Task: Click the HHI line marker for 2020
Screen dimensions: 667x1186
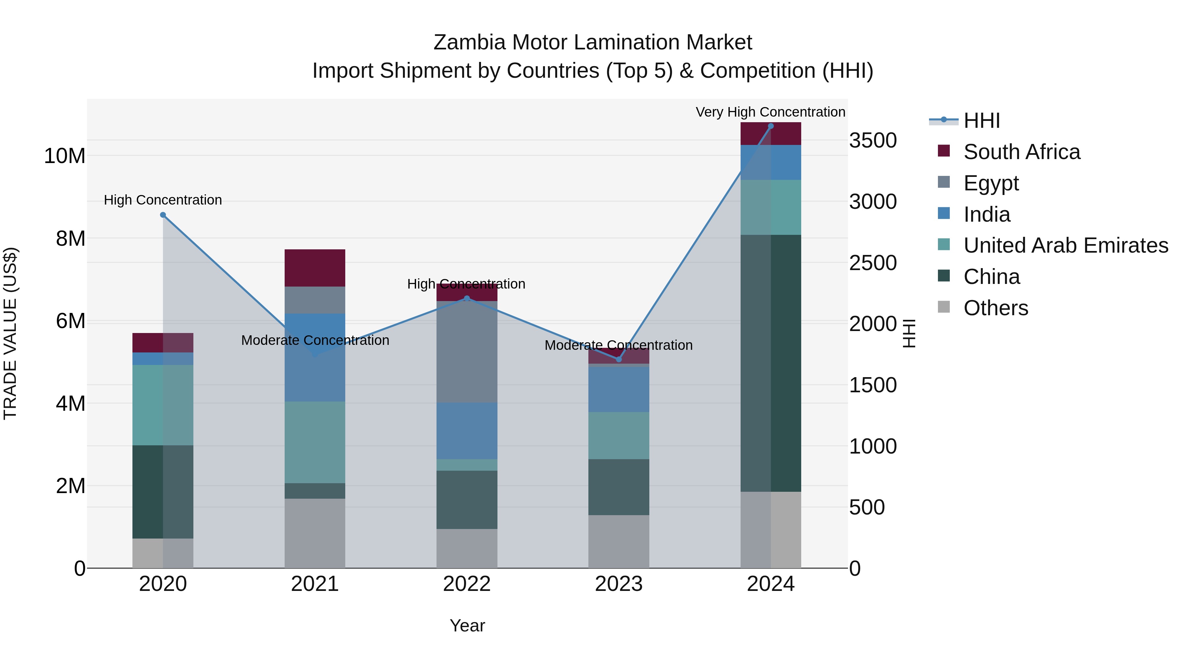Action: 163,215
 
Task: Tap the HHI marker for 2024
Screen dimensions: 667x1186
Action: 771,126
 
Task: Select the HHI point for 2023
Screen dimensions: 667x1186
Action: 619,359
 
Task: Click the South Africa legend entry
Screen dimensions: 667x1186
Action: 1021,152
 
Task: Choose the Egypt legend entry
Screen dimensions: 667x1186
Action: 991,183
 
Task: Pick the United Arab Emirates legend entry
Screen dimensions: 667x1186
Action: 1065,245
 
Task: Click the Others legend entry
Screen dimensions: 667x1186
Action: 995,308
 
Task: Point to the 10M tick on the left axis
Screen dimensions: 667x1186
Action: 65,156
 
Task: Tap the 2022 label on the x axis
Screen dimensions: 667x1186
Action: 467,584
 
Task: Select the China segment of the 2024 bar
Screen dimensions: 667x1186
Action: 771,364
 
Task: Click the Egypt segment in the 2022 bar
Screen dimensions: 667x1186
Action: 467,352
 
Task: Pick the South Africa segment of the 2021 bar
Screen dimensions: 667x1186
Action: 315,268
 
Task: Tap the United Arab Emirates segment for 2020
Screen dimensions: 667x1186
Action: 163,405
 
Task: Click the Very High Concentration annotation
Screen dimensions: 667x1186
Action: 770,112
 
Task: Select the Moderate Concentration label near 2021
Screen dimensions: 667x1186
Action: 315,340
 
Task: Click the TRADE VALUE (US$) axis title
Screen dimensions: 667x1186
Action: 10,333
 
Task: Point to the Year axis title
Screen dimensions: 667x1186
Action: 467,625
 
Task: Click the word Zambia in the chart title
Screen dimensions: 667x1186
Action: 469,42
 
